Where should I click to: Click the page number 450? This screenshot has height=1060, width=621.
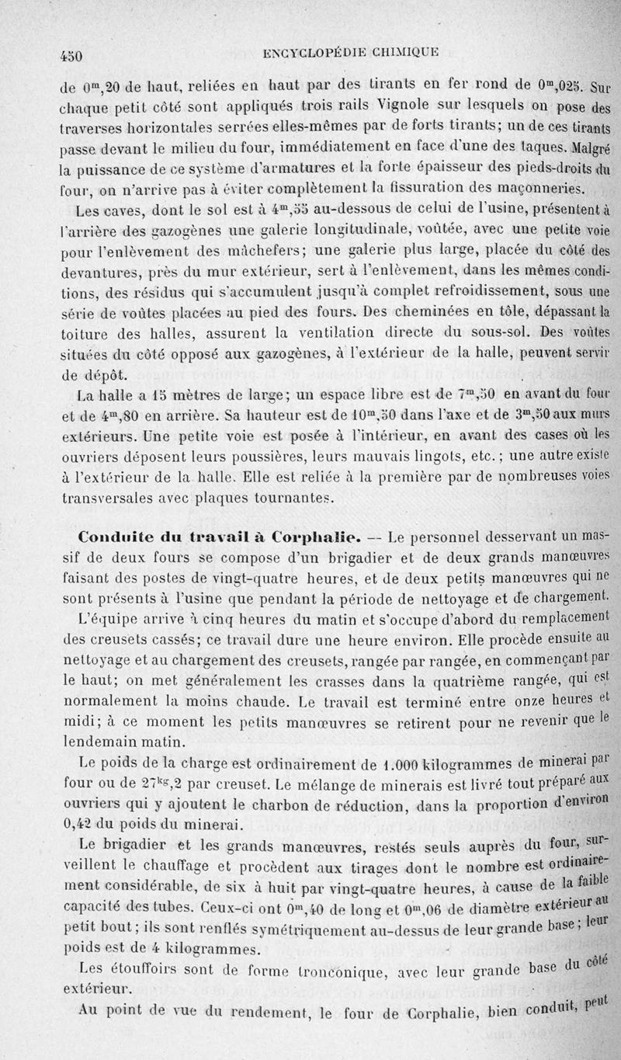pos(71,55)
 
